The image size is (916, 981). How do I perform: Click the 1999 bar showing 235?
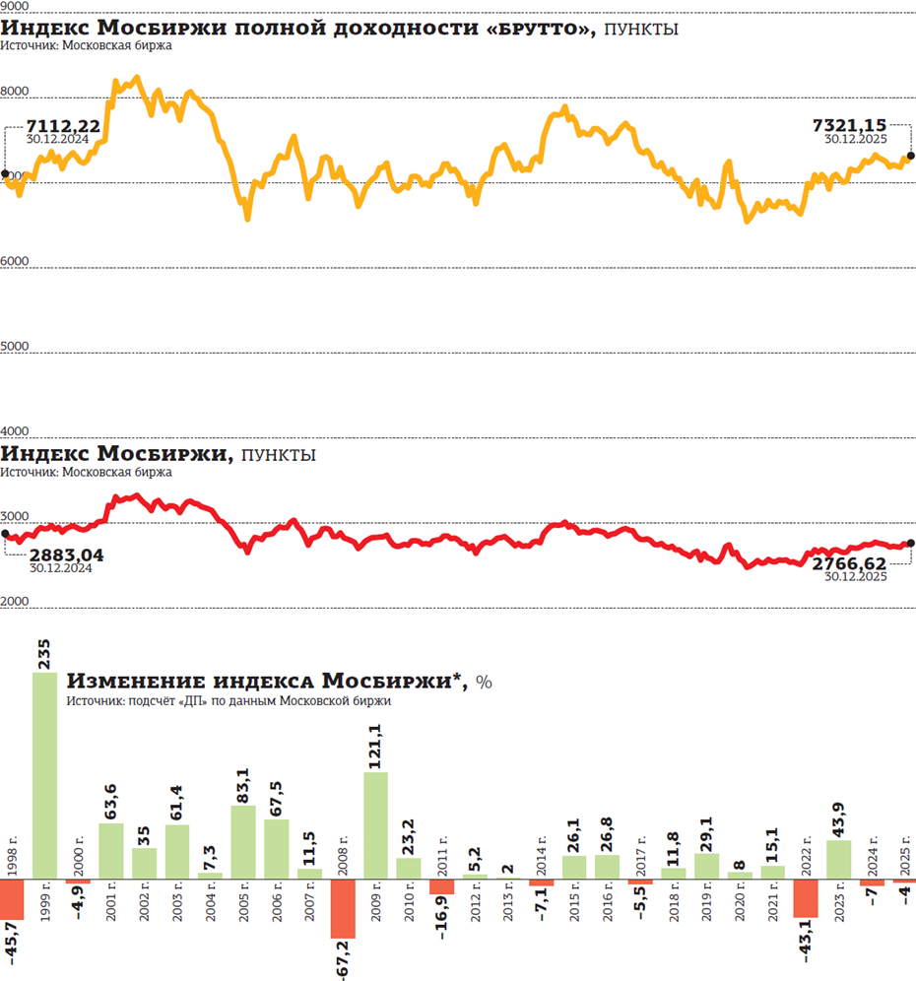[x=45, y=775]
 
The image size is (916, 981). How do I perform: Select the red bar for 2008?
[x=343, y=908]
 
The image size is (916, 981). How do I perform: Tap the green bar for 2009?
[x=375, y=825]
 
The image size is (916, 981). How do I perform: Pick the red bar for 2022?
[x=806, y=898]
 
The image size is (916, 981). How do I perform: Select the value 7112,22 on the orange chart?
[x=63, y=126]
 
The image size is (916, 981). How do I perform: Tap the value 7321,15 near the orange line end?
[x=849, y=125]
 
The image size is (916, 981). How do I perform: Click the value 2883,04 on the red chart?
[x=66, y=556]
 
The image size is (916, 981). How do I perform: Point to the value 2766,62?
[x=849, y=563]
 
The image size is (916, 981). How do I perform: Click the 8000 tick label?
[x=15, y=92]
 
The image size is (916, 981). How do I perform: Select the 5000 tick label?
[x=15, y=347]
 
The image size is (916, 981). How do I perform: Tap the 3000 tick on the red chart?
[x=15, y=516]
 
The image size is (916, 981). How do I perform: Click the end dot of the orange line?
[x=910, y=156]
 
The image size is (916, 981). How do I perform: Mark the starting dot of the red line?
[x=5, y=535]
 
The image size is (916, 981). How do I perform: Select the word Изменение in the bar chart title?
[x=121, y=682]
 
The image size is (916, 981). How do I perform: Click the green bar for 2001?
[x=111, y=851]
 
